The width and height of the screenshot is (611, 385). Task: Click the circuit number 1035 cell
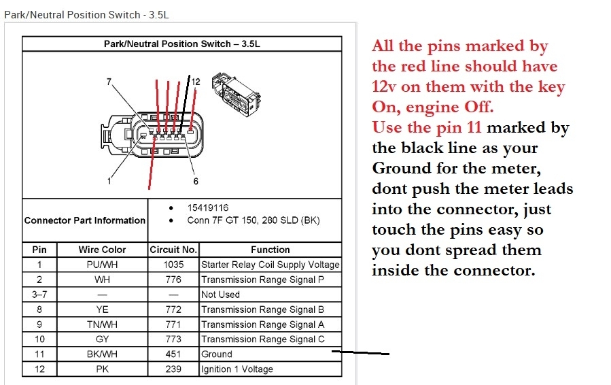173,265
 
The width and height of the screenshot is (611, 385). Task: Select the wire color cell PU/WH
102,265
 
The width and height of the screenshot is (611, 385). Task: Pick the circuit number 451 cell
173,354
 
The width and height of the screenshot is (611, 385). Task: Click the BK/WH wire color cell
102,354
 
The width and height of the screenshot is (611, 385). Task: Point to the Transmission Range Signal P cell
257,280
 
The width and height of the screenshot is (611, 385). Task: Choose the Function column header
270,250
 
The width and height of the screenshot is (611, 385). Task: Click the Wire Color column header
102,250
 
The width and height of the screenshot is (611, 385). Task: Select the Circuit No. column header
173,250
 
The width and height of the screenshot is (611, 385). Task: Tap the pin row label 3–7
39,295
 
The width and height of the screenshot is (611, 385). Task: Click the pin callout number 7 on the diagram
109,82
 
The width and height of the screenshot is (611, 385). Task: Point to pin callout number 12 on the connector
196,82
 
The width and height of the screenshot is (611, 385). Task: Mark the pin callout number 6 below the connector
196,181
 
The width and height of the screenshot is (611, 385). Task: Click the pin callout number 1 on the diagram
109,181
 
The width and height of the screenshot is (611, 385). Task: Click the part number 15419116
209,207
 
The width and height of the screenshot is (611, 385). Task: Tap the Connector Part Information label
85,220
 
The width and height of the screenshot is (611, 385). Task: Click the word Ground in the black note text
402,168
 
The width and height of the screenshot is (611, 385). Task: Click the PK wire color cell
102,369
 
